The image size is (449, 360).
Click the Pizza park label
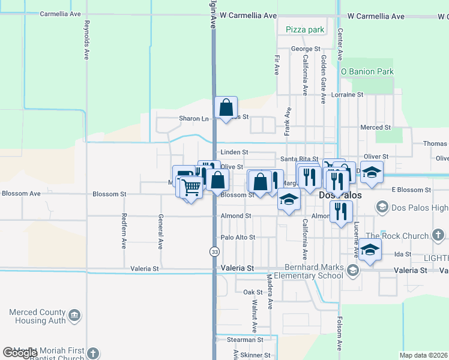[305, 29]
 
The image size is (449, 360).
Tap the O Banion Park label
[367, 71]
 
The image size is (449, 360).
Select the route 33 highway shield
[214, 252]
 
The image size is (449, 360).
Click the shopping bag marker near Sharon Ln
[226, 108]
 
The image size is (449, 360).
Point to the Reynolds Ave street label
[87, 41]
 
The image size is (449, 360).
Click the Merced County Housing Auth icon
[74, 314]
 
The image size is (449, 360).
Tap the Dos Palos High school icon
[381, 208]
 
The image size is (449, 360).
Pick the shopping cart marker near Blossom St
[191, 188]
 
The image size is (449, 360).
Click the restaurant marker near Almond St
[340, 212]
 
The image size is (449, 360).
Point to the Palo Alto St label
[238, 238]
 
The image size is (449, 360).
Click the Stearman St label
[245, 340]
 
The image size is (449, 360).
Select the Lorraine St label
[348, 95]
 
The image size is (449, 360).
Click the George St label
[306, 49]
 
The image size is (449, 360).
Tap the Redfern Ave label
[124, 231]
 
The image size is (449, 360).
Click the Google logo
[20, 353]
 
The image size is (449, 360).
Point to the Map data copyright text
[423, 355]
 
